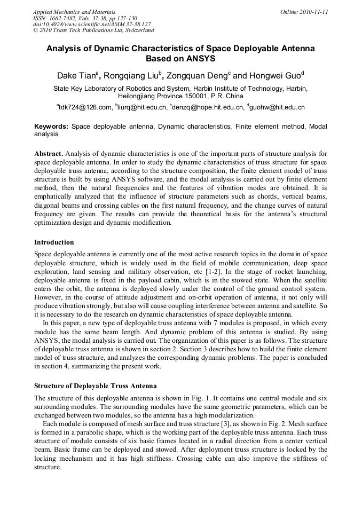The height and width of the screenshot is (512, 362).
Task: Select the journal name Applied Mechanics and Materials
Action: click(x=74, y=12)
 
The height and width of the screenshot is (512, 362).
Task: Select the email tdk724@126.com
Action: click(x=84, y=107)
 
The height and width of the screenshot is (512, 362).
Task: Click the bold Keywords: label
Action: click(x=51, y=127)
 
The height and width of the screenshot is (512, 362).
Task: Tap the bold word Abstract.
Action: click(x=49, y=154)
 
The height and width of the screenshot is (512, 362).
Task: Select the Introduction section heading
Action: click(x=54, y=242)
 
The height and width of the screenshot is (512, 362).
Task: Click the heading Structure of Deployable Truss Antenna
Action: click(x=95, y=385)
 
